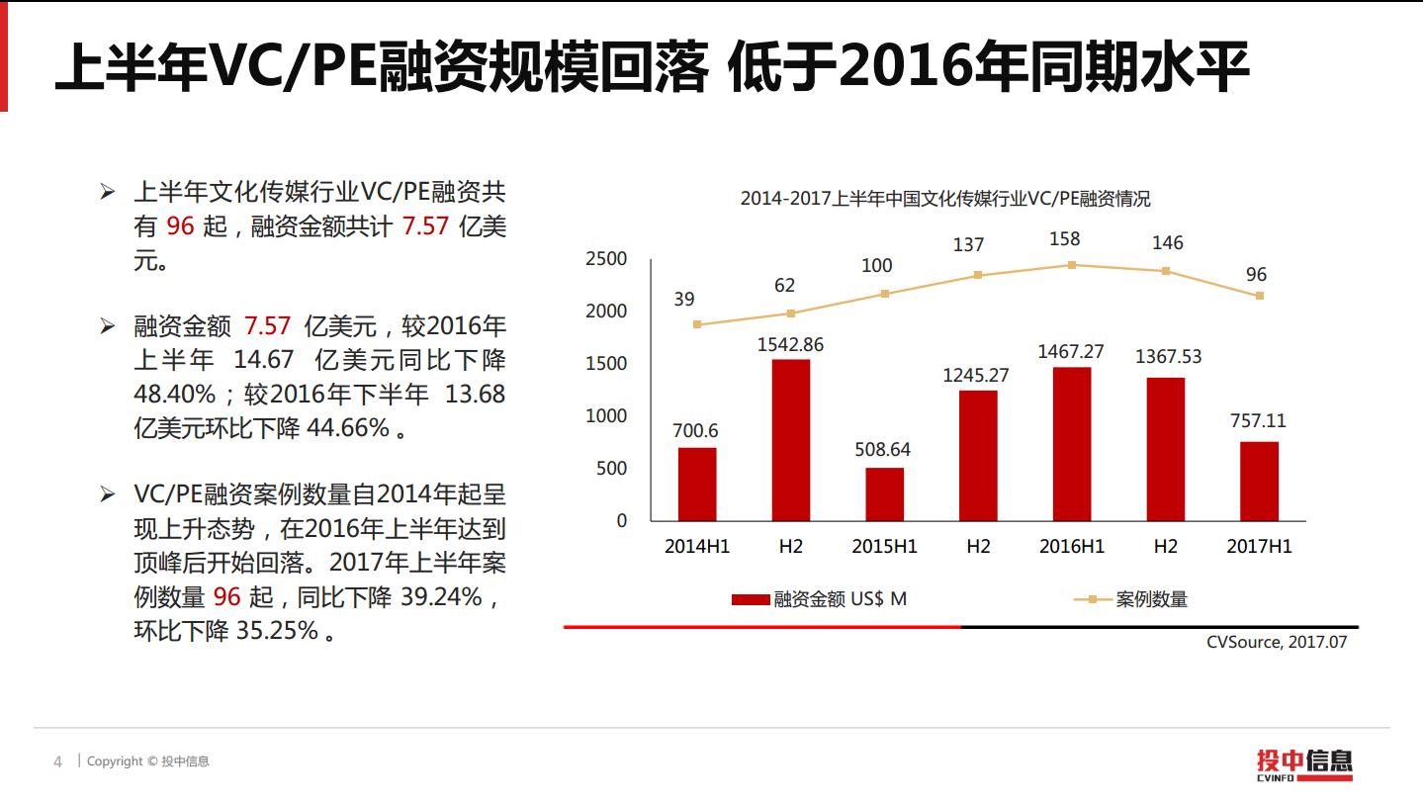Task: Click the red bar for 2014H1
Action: pos(697,484)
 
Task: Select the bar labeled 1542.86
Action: pos(790,440)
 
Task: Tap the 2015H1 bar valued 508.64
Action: pos(884,493)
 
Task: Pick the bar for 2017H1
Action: pos(1259,481)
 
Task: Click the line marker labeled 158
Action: pos(1072,265)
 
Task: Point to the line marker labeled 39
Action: pos(697,324)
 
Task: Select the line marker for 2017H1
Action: pos(1259,296)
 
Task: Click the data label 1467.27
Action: pos(1071,351)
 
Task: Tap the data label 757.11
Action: pos(1259,421)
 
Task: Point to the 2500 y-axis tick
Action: pos(607,259)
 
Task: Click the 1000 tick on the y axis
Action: pos(607,416)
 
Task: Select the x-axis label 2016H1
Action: pos(1072,546)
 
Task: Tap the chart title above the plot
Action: pos(945,199)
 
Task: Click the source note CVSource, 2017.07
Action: pos(1277,642)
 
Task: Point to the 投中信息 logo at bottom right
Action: pos(1304,763)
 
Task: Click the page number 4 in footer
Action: pos(57,761)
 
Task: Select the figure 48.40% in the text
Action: pos(174,395)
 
